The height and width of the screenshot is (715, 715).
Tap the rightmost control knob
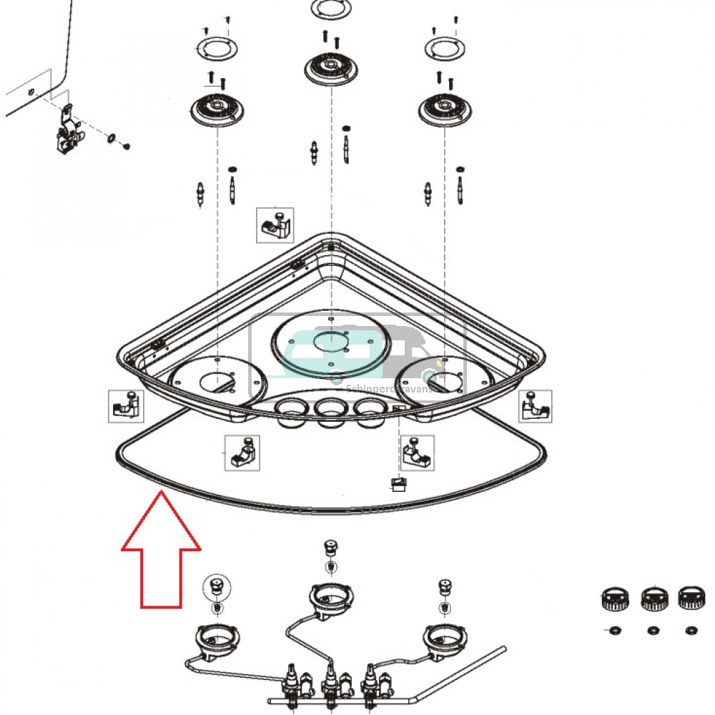point(690,597)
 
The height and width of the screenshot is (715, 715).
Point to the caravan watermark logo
point(357,357)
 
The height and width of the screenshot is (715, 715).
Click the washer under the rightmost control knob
point(691,630)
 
